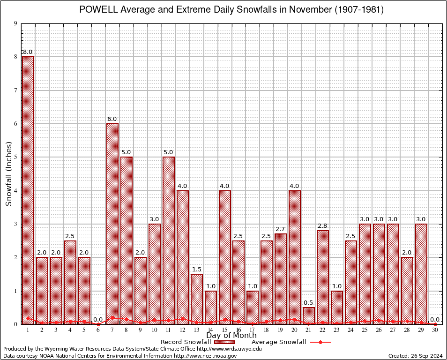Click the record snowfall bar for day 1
click(x=28, y=187)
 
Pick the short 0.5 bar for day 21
click(x=309, y=315)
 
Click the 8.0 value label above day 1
click(x=28, y=52)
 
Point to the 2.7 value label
click(x=281, y=229)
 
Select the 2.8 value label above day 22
click(x=323, y=226)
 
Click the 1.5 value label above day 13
click(x=196, y=270)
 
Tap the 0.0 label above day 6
click(x=98, y=320)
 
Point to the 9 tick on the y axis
click(x=15, y=23)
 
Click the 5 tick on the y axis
click(x=15, y=157)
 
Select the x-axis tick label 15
click(x=224, y=330)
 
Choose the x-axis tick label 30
click(x=435, y=330)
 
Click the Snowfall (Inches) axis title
click(x=9, y=174)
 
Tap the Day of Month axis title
click(x=231, y=336)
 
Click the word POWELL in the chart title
click(x=99, y=10)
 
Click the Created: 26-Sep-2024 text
click(x=415, y=356)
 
